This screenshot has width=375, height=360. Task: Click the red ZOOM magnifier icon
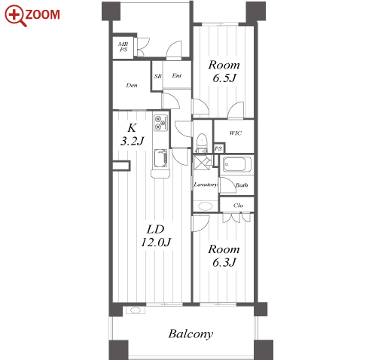click(15, 15)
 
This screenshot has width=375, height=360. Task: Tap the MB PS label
click(123, 47)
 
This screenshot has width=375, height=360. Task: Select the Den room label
click(132, 85)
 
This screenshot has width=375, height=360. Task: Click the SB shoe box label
click(158, 76)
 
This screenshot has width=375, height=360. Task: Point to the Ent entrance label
click(177, 75)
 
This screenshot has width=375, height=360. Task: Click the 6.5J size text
click(224, 78)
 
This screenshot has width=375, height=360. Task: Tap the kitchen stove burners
click(160, 123)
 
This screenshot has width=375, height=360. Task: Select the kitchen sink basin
click(160, 159)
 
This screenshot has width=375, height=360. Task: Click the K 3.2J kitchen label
click(132, 135)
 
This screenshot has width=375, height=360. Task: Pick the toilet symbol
click(201, 143)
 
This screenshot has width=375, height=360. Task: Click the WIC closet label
click(236, 133)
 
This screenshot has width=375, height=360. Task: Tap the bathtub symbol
click(236, 164)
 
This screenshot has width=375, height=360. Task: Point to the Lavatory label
click(206, 185)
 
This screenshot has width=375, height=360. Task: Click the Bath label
click(242, 185)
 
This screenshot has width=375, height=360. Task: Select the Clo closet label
click(238, 206)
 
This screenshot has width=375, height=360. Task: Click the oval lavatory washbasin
click(206, 206)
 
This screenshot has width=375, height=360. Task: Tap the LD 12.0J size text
click(156, 236)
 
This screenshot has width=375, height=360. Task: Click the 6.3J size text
click(224, 263)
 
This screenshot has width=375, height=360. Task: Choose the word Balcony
click(191, 334)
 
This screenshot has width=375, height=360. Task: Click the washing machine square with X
click(202, 163)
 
